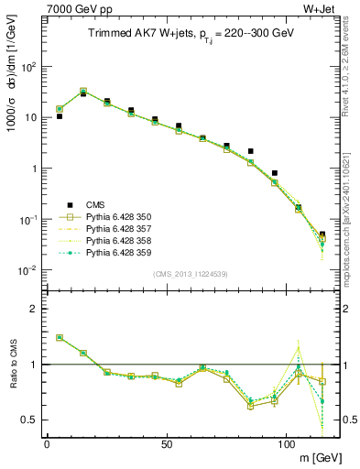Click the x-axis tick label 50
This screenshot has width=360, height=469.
coord(166,443)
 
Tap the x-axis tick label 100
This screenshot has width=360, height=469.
coord(286,443)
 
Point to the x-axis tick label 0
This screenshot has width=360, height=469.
coord(47,443)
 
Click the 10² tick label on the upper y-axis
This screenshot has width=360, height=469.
coord(27,67)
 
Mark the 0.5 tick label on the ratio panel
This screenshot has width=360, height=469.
coord(30,420)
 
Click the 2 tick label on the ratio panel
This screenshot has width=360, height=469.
coord(35,310)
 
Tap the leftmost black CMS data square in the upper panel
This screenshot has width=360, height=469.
coord(59,116)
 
